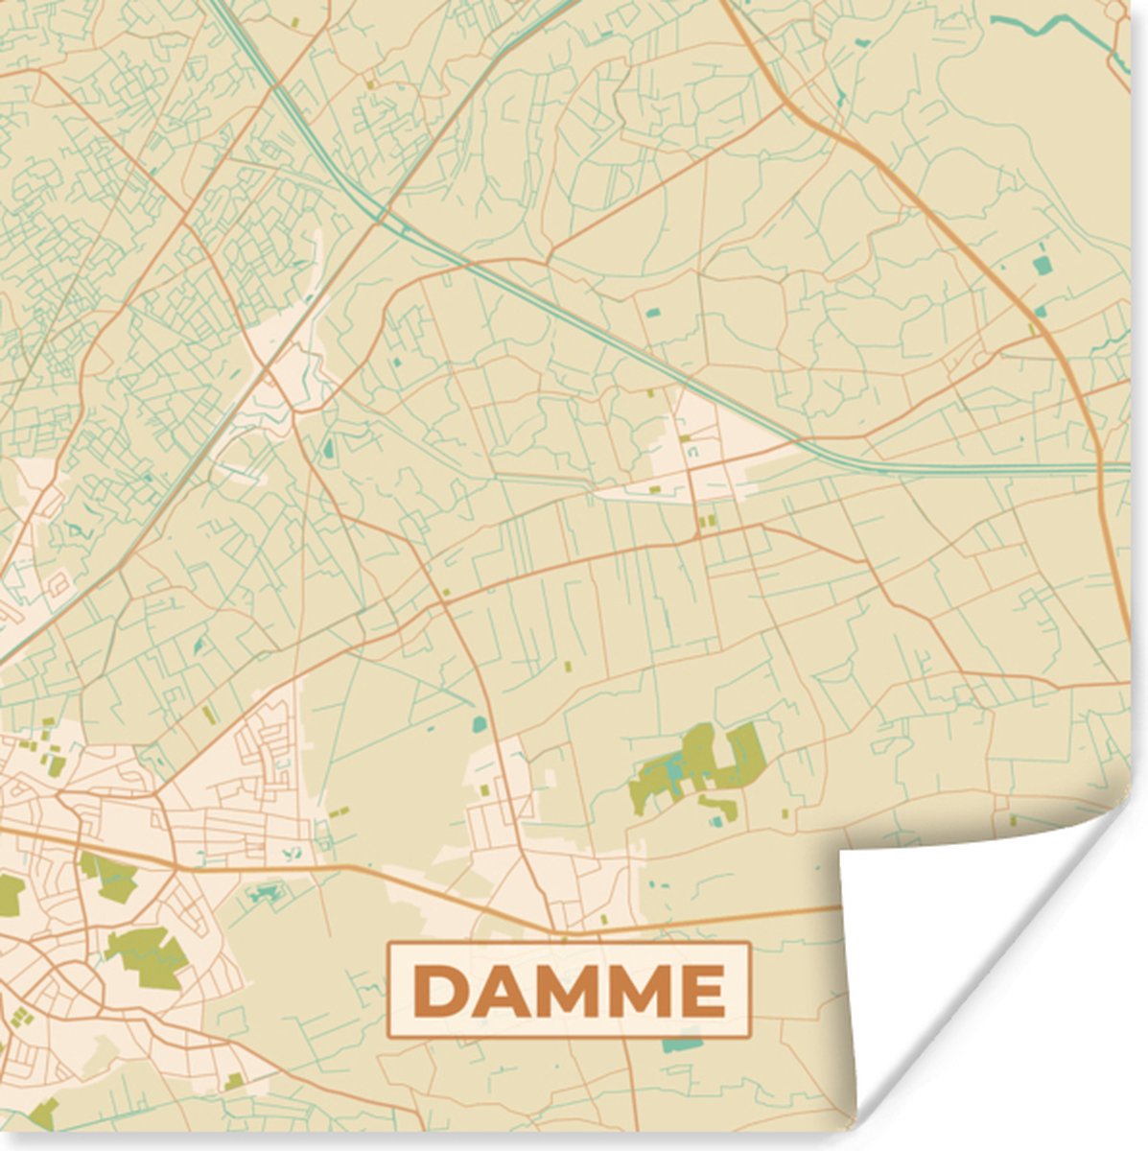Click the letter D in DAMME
[x=441, y=991]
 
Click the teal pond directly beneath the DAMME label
[x=682, y=1045]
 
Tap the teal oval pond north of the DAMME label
[x=479, y=724]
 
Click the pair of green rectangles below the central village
[x=708, y=521]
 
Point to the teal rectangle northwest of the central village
[x=652, y=312]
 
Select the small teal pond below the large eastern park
[x=715, y=821]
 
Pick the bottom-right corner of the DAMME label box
[x=749, y=1037]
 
